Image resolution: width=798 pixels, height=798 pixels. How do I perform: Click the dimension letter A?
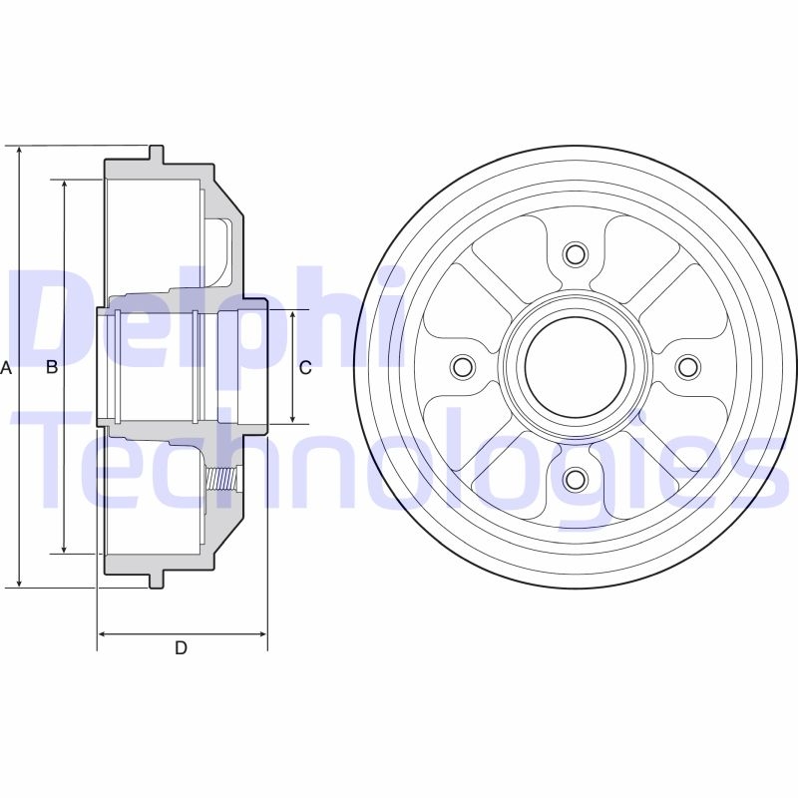tap(6, 367)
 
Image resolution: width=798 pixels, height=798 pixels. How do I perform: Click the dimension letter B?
tap(52, 367)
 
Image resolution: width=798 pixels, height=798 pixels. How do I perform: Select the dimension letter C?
tap(305, 367)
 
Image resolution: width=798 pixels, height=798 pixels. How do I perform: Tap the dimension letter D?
tap(181, 648)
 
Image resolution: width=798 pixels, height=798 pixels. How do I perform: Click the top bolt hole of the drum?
tap(574, 253)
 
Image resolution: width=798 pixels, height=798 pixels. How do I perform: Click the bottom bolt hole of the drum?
tap(574, 480)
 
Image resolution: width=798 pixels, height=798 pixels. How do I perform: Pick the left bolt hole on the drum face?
tap(461, 367)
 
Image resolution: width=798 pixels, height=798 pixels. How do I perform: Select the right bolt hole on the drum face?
tap(686, 367)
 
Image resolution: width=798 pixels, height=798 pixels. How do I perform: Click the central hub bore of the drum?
tap(574, 367)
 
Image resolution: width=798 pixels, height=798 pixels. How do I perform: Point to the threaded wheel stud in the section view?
tap(223, 480)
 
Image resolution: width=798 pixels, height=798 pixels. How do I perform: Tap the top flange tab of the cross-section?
tap(157, 155)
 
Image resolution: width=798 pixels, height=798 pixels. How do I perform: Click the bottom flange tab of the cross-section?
tap(157, 579)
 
